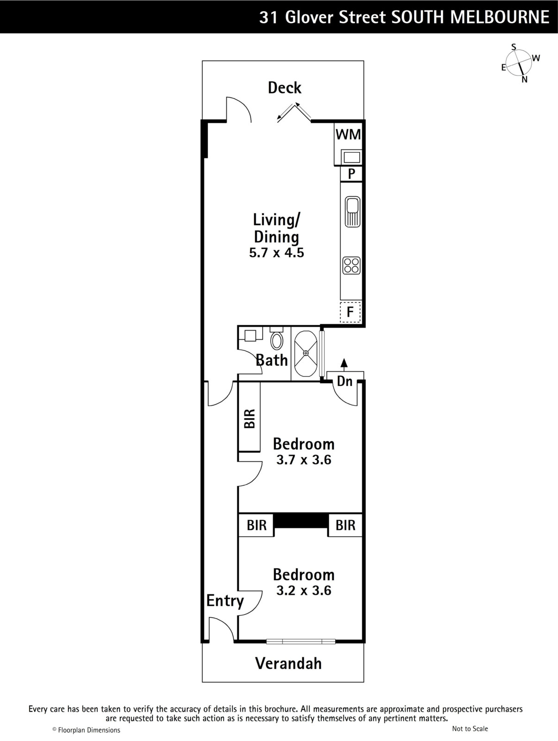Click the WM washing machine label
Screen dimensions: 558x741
pos(348,135)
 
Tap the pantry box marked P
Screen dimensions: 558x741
pos(351,174)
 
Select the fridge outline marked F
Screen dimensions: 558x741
pos(351,312)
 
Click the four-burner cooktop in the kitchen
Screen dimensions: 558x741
pos(351,265)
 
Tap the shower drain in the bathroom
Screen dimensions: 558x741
pos(306,353)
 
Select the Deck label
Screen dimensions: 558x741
pos(285,88)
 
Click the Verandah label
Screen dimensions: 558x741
pos(288,663)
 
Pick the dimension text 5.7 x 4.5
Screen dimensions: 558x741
pos(276,252)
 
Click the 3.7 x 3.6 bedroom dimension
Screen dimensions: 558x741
pos(304,460)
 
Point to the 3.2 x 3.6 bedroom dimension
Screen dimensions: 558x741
pos(304,590)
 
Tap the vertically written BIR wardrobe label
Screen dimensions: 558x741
pos(250,419)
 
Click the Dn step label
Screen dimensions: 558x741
pos(345,382)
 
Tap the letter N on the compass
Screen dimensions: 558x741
pos(524,80)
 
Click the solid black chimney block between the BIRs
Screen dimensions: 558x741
pos(301,521)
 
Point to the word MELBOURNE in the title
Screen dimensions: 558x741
pos(500,17)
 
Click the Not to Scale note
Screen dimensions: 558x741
pos(470,728)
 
